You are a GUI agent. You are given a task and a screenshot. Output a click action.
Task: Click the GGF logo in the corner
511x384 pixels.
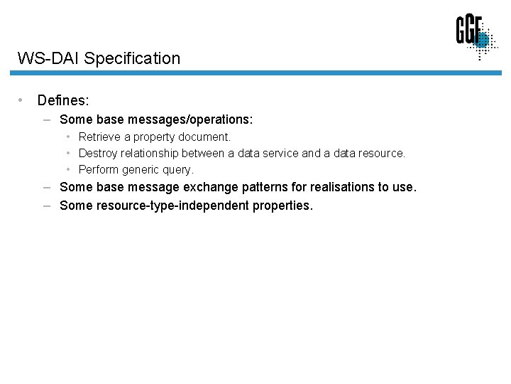pyautogui.click(x=476, y=37)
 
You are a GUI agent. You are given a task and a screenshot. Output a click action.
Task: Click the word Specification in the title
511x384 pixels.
pyautogui.click(x=132, y=58)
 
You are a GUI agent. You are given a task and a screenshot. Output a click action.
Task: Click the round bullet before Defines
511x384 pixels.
pyautogui.click(x=23, y=100)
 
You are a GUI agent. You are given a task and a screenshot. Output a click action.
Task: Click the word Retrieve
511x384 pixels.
pyautogui.click(x=99, y=137)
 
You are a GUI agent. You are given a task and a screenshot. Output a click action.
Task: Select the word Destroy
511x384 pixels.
pyautogui.click(x=98, y=153)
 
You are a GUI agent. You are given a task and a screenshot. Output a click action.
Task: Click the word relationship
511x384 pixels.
pyautogui.click(x=150, y=153)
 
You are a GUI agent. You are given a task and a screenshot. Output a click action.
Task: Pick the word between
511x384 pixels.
pyautogui.click(x=203, y=153)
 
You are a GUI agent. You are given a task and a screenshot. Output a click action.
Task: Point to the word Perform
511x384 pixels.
pyautogui.click(x=99, y=169)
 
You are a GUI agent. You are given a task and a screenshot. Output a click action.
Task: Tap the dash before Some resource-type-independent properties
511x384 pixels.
pyautogui.click(x=46, y=206)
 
